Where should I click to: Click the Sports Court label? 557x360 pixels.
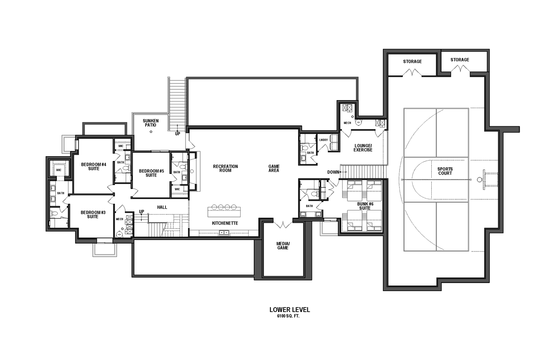(x=445, y=171)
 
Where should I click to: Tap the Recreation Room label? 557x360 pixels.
(x=225, y=168)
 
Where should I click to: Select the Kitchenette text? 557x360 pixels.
(x=225, y=223)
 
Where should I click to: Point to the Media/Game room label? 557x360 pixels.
(x=283, y=246)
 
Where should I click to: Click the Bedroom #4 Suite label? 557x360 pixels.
(x=94, y=167)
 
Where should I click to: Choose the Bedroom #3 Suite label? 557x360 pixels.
(x=93, y=214)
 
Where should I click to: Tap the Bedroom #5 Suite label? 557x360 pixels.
(x=151, y=173)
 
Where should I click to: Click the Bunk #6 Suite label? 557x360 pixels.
(x=365, y=206)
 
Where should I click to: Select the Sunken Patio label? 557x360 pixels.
(x=150, y=123)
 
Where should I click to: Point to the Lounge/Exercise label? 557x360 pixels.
(x=363, y=147)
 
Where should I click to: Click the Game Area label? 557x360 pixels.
(x=274, y=168)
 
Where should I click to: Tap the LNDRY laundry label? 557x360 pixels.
(x=323, y=140)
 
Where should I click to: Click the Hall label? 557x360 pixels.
(x=162, y=207)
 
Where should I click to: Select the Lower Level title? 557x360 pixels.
(x=290, y=310)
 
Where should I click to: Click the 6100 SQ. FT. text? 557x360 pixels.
(x=288, y=316)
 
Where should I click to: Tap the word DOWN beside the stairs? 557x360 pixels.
(x=333, y=172)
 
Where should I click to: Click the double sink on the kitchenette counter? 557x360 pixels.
(x=224, y=233)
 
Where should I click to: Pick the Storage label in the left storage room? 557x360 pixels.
(x=412, y=61)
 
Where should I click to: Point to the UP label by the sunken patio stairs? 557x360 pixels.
(x=178, y=134)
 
